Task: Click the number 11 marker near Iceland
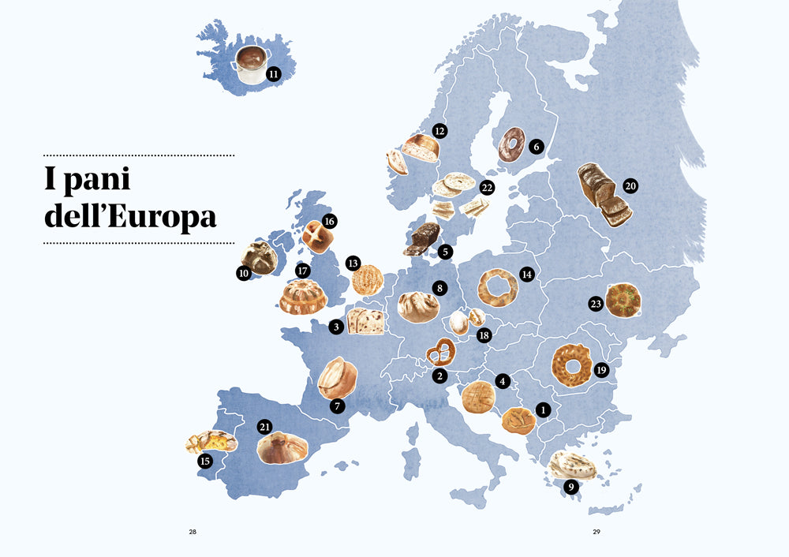tap(274, 74)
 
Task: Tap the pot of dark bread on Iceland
tap(251, 63)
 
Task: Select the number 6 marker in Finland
tap(537, 146)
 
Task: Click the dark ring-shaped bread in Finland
tap(512, 144)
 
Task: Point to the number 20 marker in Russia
tap(630, 186)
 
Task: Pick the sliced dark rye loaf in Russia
tap(601, 193)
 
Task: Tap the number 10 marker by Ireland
tap(243, 273)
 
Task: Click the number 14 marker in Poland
tap(527, 274)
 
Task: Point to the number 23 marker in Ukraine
tap(596, 304)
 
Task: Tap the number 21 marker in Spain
tap(265, 427)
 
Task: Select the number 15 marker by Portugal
tap(205, 462)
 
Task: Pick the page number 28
tap(193, 532)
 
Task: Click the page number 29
tap(596, 532)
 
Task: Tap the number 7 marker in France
tap(338, 406)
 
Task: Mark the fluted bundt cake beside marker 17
tap(303, 297)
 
